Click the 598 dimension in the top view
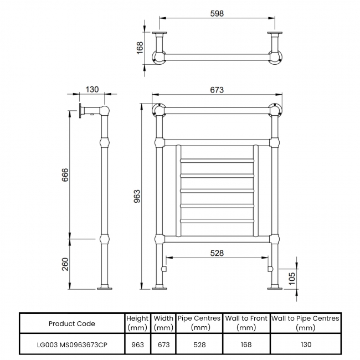pyautogui.click(x=218, y=14)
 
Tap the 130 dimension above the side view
pyautogui.click(x=92, y=89)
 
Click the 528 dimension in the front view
pyautogui.click(x=217, y=253)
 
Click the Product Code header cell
pyautogui.click(x=71, y=323)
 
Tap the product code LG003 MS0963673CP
pyautogui.click(x=71, y=344)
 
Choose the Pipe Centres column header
pyautogui.click(x=199, y=323)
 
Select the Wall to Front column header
pyautogui.click(x=246, y=323)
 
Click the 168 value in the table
pyautogui.click(x=246, y=344)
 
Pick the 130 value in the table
pyautogui.click(x=305, y=344)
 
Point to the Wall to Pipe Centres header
pyautogui.click(x=305, y=323)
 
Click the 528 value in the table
pyautogui.click(x=199, y=344)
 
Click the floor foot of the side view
pyautogui.click(x=105, y=287)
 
